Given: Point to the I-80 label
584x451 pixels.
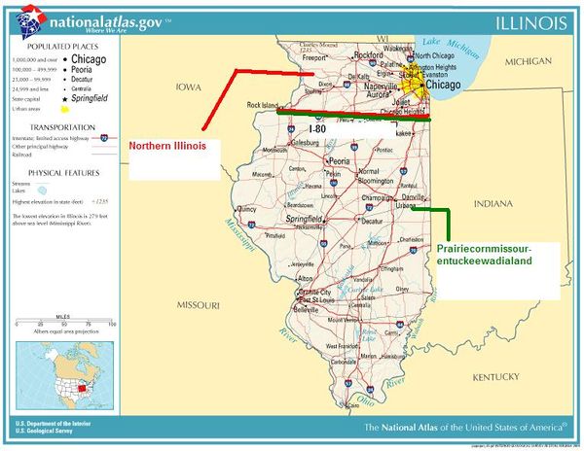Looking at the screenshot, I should pyautogui.click(x=317, y=128).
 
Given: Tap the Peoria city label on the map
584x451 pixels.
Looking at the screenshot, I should pyautogui.click(x=339, y=161).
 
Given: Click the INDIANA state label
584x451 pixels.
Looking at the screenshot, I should pyautogui.click(x=493, y=204).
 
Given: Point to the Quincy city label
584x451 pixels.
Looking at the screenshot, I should pyautogui.click(x=245, y=208).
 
